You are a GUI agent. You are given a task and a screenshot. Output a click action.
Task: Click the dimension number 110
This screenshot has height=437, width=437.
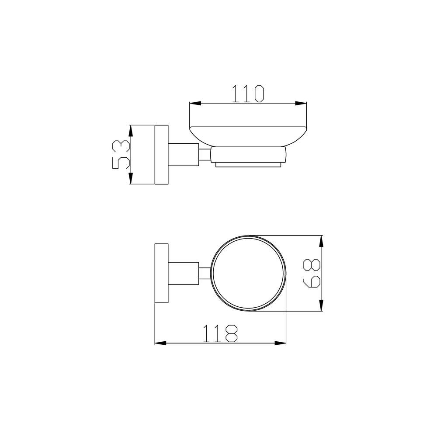248,94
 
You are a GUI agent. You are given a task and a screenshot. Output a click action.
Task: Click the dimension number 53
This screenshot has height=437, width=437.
121,155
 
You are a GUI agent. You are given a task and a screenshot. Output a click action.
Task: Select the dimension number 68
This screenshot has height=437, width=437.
312,273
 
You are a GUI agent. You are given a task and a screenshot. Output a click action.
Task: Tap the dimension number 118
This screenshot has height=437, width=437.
220,333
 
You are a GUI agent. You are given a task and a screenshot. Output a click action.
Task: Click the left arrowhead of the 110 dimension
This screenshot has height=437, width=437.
195,103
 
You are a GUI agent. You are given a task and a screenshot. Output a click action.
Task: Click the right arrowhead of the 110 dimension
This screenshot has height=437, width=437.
301,103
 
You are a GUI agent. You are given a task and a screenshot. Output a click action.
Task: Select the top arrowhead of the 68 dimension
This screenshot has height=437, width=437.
321,241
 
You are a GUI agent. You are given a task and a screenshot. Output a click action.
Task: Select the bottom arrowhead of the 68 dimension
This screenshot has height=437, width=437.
321,305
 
